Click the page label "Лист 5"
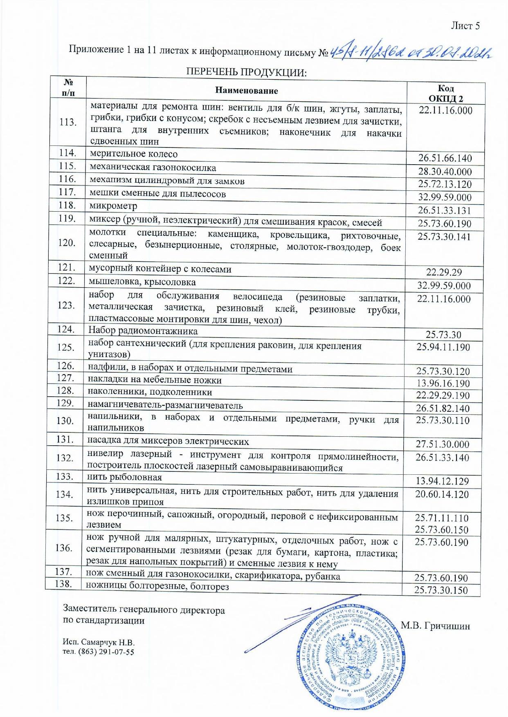[x=465, y=26]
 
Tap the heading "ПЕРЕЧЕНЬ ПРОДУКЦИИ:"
[x=246, y=73]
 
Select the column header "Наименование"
[x=246, y=91]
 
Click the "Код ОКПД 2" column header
[x=445, y=94]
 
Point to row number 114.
[x=67, y=153]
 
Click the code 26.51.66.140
[x=445, y=159]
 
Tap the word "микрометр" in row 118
[x=113, y=206]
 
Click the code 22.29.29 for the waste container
[x=444, y=273]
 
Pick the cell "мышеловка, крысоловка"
[x=142, y=282]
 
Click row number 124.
[x=66, y=329]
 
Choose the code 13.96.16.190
[x=443, y=383]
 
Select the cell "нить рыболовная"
[x=125, y=477]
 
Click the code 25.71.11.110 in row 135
[x=442, y=518]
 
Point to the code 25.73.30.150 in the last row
[x=441, y=590]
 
